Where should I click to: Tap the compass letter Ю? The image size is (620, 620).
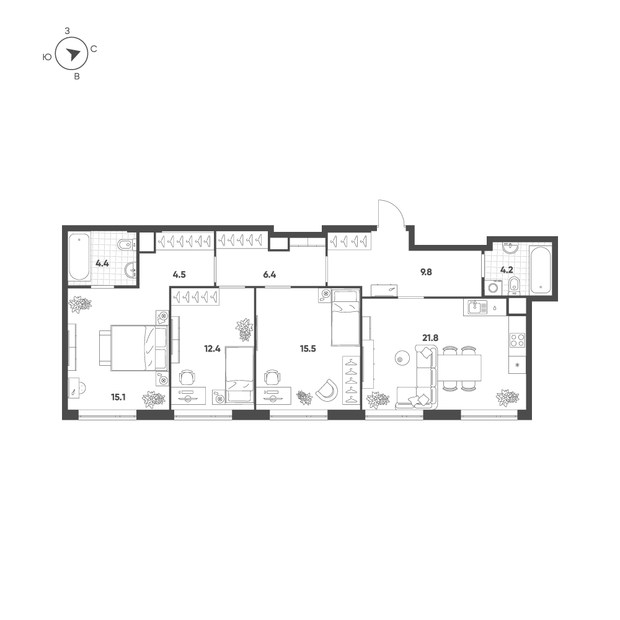[x=46, y=57]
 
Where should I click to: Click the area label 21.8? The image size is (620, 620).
[x=430, y=338]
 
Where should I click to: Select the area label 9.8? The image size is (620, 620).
[x=426, y=272]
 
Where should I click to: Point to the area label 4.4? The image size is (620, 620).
[x=102, y=263]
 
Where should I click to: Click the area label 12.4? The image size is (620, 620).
[x=212, y=348]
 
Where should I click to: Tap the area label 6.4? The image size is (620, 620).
[x=270, y=275]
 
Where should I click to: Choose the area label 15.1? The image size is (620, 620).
[x=118, y=397]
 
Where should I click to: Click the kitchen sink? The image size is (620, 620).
[x=474, y=307]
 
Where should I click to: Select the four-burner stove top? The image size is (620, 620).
[x=518, y=340]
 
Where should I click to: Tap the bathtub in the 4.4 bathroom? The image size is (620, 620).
[x=79, y=257]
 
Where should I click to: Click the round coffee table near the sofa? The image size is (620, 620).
[x=400, y=360]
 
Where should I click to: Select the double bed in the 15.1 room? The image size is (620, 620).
[x=134, y=348]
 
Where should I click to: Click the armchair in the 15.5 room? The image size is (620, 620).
[x=327, y=389]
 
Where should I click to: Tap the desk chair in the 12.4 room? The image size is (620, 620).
[x=187, y=378]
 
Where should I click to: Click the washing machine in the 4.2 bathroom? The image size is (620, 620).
[x=493, y=287]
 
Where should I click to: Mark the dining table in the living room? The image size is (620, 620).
[x=459, y=367]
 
